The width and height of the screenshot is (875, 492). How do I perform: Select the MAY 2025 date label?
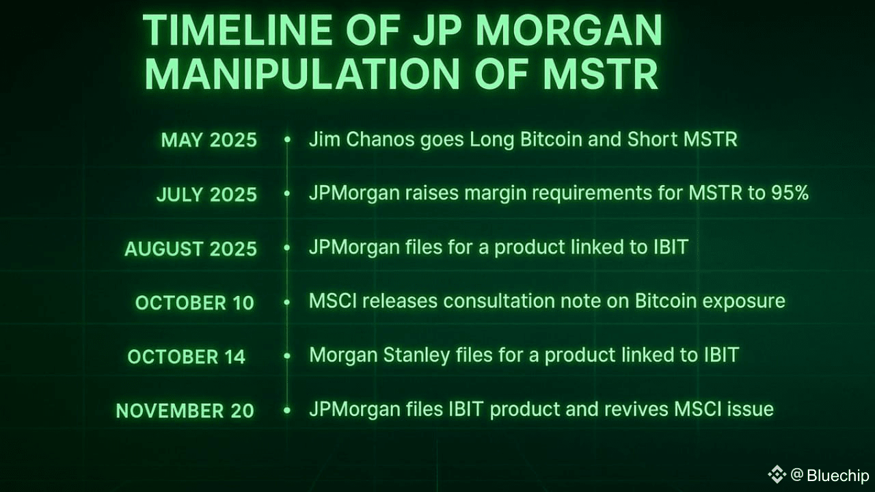(x=208, y=140)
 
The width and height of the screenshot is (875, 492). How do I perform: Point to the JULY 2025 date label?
(x=206, y=194)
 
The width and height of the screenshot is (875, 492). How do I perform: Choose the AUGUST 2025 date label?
(x=191, y=248)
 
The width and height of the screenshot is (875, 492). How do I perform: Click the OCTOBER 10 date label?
(x=194, y=303)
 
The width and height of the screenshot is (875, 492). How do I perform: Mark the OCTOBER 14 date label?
(x=186, y=357)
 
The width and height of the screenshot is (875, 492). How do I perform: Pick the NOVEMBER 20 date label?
(x=185, y=411)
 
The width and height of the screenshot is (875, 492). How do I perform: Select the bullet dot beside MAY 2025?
(x=287, y=139)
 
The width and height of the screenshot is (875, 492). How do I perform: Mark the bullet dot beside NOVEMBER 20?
(x=287, y=410)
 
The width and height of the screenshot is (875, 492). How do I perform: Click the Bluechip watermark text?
(x=837, y=475)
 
